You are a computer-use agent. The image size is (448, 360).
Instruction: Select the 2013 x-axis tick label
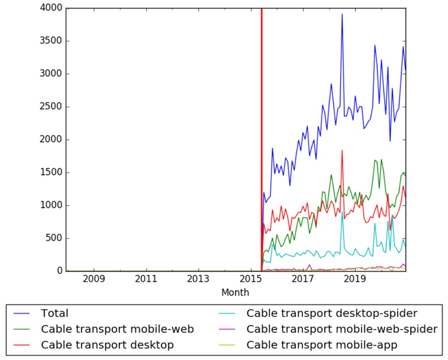199,279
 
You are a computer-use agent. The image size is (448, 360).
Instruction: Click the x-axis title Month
235,293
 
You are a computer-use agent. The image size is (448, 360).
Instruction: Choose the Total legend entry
55,314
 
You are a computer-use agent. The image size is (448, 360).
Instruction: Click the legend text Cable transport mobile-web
117,329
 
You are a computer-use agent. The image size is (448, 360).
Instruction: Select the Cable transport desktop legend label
107,345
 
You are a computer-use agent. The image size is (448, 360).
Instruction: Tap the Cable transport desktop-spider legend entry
332,314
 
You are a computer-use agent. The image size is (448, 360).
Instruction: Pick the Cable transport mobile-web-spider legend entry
342,329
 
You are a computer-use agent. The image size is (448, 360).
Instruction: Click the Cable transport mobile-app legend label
322,345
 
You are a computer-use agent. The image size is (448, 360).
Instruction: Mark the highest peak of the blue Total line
342,14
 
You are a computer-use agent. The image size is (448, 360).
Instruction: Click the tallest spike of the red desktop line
342,151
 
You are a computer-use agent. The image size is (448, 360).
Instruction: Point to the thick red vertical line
261,131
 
